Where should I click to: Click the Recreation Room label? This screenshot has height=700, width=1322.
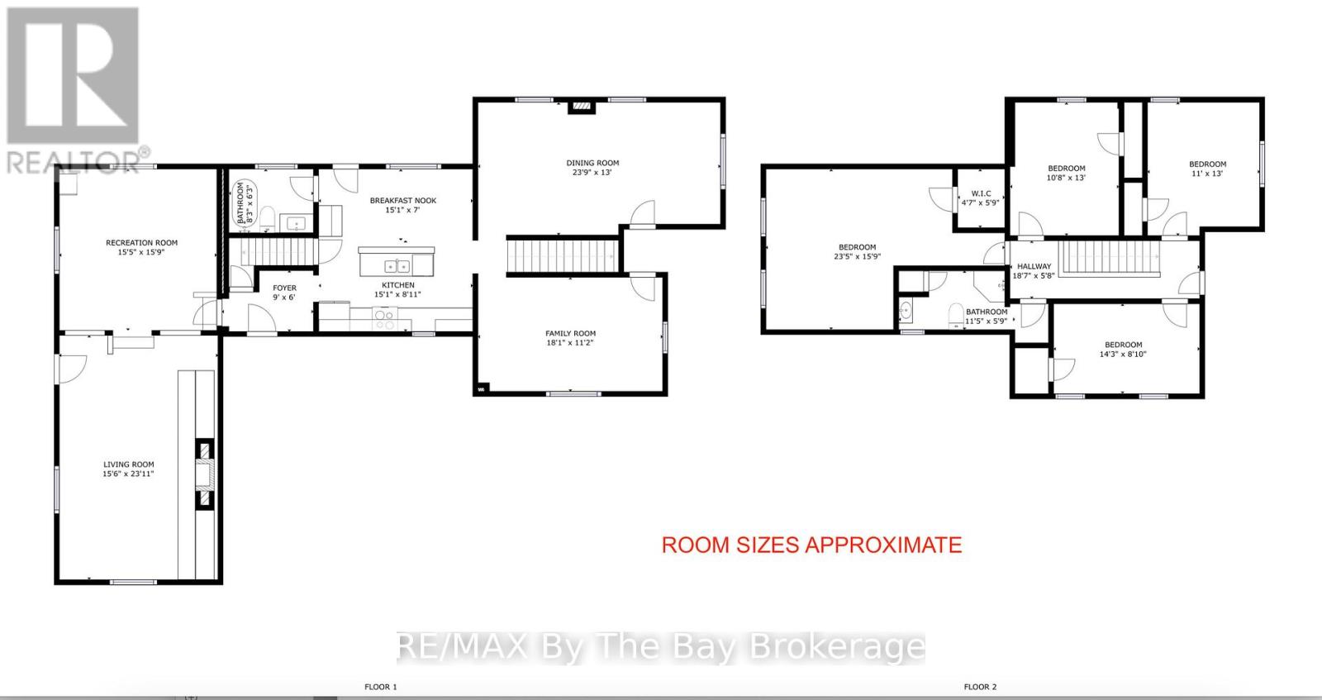click(141, 243)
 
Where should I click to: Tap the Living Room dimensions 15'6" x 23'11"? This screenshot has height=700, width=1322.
click(128, 474)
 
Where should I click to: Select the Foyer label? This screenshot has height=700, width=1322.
click(284, 288)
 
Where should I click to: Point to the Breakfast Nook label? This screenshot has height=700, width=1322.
click(403, 201)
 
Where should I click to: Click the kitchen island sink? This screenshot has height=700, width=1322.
click(397, 265)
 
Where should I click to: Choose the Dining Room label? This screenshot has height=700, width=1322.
click(592, 163)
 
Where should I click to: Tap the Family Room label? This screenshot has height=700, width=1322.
click(570, 334)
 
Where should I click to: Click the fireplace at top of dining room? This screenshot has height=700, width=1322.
click(584, 106)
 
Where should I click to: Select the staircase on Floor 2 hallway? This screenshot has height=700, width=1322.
click(1109, 256)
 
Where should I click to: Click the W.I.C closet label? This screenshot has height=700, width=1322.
click(981, 193)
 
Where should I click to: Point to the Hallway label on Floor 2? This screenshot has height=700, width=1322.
click(1034, 266)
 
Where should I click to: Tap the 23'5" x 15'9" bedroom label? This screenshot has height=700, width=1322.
click(857, 247)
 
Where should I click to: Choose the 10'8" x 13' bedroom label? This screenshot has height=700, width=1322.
click(1066, 169)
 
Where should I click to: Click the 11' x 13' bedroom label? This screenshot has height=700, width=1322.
click(1207, 164)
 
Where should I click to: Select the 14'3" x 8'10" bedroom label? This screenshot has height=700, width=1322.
click(1123, 345)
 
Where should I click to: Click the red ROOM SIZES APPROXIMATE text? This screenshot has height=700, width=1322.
click(811, 545)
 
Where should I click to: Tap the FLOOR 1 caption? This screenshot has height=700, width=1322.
click(381, 687)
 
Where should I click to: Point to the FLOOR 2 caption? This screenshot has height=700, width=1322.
click(980, 687)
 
